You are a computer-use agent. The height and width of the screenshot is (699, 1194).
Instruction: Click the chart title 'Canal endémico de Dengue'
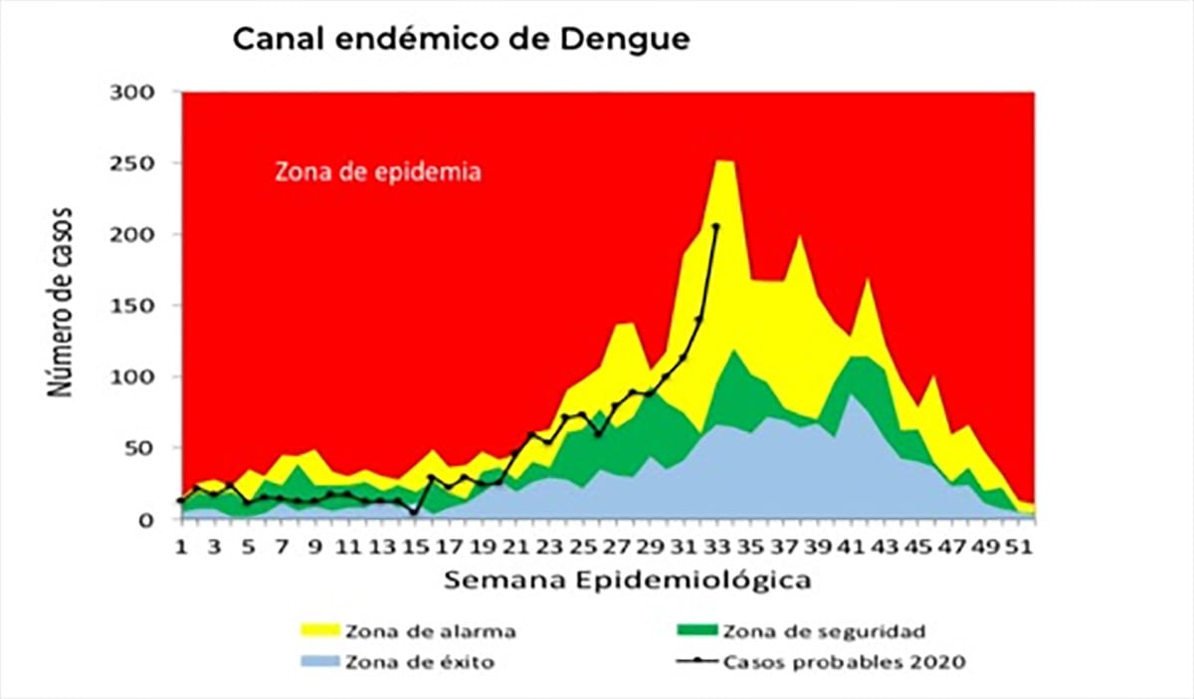461,41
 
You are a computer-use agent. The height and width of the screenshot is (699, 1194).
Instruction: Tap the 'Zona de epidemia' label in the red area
378,171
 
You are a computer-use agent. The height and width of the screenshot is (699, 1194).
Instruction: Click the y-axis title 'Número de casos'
66,303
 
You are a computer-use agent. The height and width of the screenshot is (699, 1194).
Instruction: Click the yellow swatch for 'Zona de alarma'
319,630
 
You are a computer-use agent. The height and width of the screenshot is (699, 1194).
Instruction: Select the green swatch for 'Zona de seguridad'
695,630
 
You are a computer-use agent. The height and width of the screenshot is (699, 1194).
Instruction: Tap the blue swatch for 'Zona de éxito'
319,662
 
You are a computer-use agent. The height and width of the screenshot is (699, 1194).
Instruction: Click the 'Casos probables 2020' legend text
844,662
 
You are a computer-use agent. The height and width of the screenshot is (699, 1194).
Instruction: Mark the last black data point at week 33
716,227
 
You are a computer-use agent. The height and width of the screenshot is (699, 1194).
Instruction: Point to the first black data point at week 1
181,501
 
